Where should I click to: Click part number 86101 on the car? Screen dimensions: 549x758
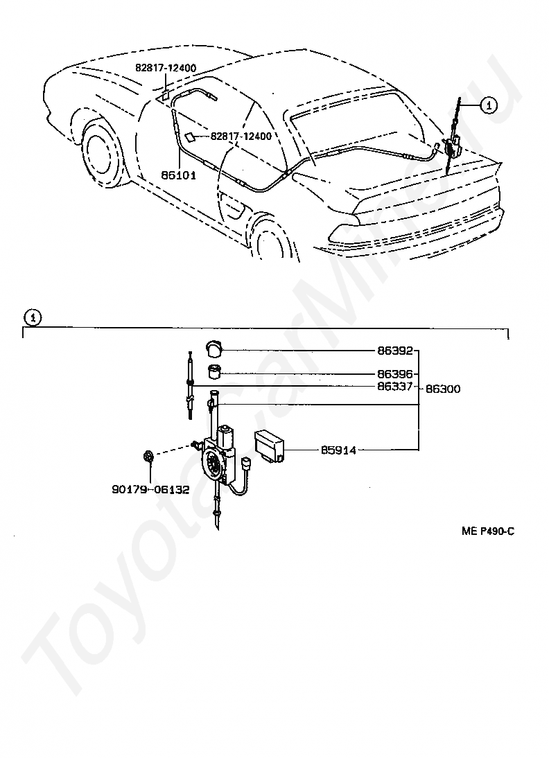(x=178, y=175)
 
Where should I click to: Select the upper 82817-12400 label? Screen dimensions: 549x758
(x=166, y=68)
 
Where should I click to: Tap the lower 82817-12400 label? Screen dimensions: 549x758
(x=241, y=136)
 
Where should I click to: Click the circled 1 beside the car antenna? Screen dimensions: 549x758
(x=489, y=105)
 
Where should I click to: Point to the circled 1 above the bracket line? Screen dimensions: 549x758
(x=33, y=317)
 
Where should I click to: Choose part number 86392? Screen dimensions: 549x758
(x=395, y=351)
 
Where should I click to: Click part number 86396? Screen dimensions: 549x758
(x=395, y=373)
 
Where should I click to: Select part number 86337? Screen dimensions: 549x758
(x=395, y=386)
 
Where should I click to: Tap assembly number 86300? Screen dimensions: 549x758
(x=443, y=389)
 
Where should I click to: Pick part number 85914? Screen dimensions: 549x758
(x=338, y=450)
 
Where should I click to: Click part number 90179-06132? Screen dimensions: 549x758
(x=150, y=490)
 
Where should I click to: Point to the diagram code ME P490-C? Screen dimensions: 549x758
(x=488, y=531)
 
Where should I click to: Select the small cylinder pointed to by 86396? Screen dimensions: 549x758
(x=214, y=372)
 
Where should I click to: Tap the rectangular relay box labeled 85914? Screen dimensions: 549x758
(x=270, y=445)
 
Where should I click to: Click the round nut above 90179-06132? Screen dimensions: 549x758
(x=149, y=456)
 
